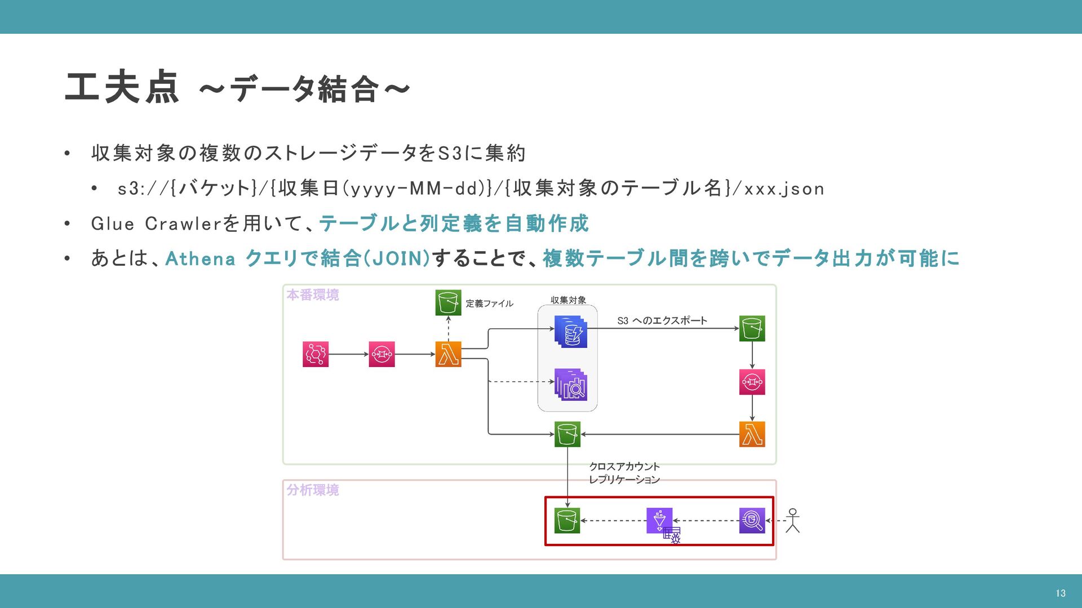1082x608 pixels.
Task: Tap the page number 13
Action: (x=1060, y=593)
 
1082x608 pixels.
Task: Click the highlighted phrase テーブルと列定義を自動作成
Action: (x=454, y=223)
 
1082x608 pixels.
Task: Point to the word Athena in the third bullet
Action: (x=200, y=258)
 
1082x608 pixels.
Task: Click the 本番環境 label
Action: (x=313, y=295)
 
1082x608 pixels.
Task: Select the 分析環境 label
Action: (x=313, y=490)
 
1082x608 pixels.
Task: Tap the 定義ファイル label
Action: (x=489, y=303)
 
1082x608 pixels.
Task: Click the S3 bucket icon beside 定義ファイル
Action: (x=448, y=302)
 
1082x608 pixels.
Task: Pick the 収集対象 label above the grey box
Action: (x=568, y=300)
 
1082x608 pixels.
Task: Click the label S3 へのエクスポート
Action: (x=662, y=320)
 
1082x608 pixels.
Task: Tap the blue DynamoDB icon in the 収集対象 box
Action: (x=570, y=331)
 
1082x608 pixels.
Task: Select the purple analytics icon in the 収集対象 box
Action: (x=570, y=385)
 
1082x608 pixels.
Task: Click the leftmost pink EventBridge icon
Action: (x=315, y=354)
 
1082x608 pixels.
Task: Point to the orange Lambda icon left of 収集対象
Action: (x=448, y=354)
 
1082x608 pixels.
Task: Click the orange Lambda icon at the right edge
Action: (x=752, y=434)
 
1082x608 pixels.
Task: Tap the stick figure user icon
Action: (x=792, y=521)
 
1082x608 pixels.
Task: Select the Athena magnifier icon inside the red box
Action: (x=752, y=521)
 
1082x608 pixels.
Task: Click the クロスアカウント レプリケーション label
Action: (x=624, y=473)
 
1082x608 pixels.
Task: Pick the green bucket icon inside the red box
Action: (x=567, y=521)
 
